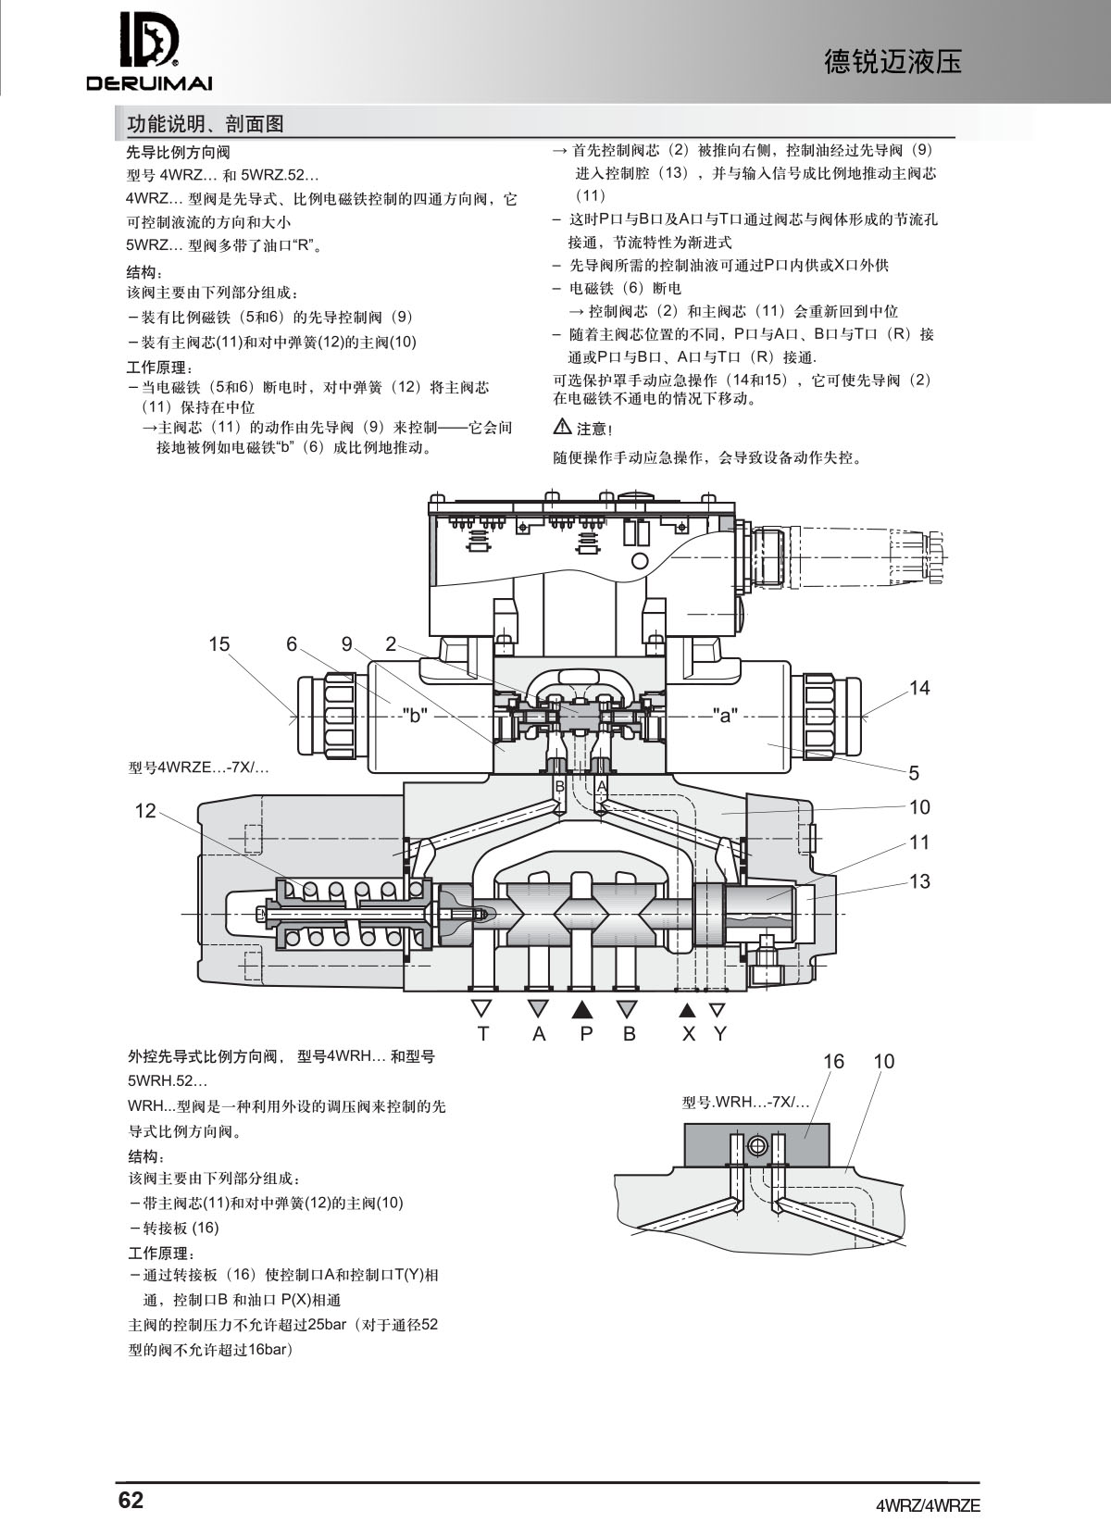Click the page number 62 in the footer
tap(131, 1500)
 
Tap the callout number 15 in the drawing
tap(218, 644)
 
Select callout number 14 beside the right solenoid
tap(918, 688)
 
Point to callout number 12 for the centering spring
tap(145, 812)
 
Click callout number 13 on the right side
tap(918, 881)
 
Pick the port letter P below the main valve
tap(585, 1034)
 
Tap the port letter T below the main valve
tap(482, 1034)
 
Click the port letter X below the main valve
tap(688, 1034)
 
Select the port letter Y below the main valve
tap(719, 1034)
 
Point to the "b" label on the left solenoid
tap(414, 715)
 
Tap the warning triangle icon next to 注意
tap(562, 427)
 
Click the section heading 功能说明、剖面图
tap(205, 123)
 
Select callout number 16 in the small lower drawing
tap(833, 1062)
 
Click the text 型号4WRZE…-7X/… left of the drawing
tap(197, 767)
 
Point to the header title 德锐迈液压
tap(893, 61)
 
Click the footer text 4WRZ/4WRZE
tap(928, 1504)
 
